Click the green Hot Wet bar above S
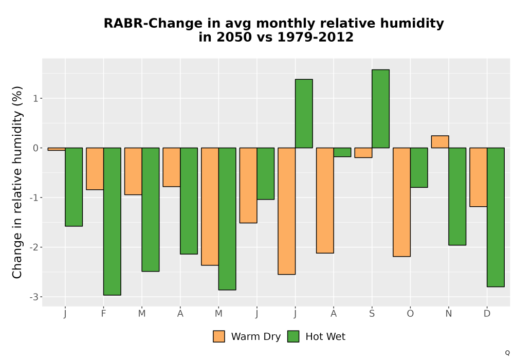coord(380,109)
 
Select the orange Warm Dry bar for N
coord(440,141)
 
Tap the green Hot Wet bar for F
coord(112,221)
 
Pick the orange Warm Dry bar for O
coord(401,202)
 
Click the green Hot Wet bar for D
coord(495,218)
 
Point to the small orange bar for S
coord(363,153)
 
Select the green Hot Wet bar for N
coord(457,196)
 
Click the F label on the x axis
coord(104,314)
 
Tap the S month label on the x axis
coord(372,314)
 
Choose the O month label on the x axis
coord(410,314)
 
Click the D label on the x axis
coord(487,314)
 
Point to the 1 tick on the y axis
coord(36,98)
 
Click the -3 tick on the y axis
coord(34,297)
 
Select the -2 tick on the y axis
coord(34,247)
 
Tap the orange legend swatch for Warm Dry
coord(219,336)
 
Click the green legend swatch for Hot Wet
coord(293,336)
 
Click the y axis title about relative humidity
coord(17,182)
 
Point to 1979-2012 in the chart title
coord(316,37)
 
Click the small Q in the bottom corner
coord(507,353)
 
